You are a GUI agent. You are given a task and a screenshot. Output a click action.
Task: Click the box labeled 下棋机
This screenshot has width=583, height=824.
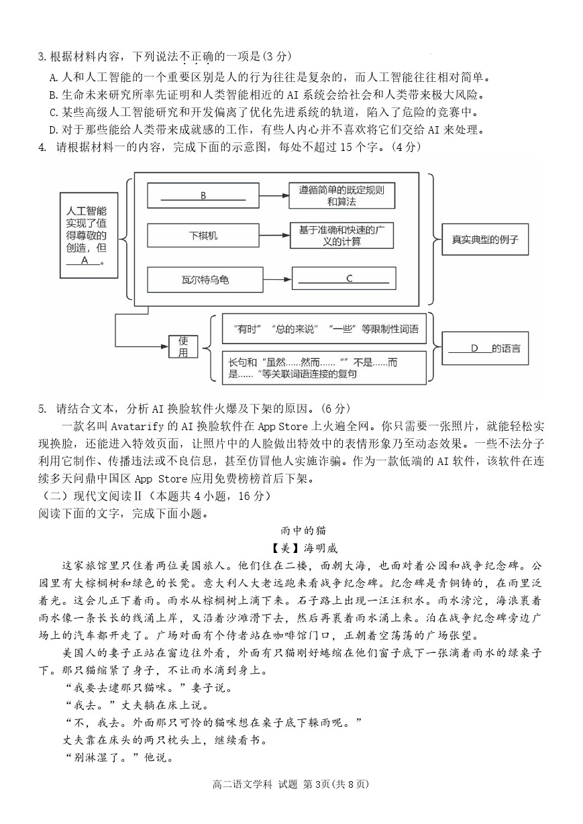pyautogui.click(x=203, y=235)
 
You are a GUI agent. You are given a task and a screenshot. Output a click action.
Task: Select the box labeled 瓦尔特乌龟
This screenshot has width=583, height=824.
pyautogui.click(x=205, y=280)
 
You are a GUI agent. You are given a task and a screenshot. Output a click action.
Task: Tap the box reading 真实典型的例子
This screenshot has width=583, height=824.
pyautogui.click(x=485, y=240)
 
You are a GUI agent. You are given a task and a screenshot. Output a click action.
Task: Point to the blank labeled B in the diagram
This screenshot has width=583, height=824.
pyautogui.click(x=203, y=196)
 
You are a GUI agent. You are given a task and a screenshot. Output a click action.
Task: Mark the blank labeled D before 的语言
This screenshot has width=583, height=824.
pyautogui.click(x=470, y=348)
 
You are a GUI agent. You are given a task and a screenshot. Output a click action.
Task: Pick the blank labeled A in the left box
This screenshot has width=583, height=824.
pyautogui.click(x=83, y=260)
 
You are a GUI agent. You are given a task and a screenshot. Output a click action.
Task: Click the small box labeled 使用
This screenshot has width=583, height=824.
pyautogui.click(x=183, y=346)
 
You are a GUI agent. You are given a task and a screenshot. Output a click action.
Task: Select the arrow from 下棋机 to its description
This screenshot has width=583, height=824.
pyautogui.click(x=274, y=236)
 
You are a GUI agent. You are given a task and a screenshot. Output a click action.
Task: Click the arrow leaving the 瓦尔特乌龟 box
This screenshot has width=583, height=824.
pyautogui.click(x=278, y=280)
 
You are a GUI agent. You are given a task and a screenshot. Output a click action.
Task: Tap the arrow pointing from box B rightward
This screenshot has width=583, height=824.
pyautogui.click(x=274, y=196)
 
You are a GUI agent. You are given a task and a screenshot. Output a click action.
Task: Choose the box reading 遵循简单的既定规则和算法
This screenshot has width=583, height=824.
pyautogui.click(x=341, y=196)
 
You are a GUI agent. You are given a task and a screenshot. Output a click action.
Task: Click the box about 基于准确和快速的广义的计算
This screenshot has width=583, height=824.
pyautogui.click(x=341, y=236)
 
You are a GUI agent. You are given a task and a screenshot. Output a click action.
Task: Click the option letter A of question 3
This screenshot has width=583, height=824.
pyautogui.click(x=53, y=78)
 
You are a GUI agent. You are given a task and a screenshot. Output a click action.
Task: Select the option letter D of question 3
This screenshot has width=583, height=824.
pyautogui.click(x=53, y=130)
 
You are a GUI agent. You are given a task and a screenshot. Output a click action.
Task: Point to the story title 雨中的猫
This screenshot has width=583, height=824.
pyautogui.click(x=303, y=531)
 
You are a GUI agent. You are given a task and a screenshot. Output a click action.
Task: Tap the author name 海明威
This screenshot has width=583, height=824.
pyautogui.click(x=321, y=548)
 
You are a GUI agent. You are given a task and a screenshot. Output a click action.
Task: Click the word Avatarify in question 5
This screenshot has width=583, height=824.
pyautogui.click(x=137, y=426)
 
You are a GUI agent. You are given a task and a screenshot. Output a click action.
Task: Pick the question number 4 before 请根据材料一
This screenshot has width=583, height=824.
pyautogui.click(x=42, y=148)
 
